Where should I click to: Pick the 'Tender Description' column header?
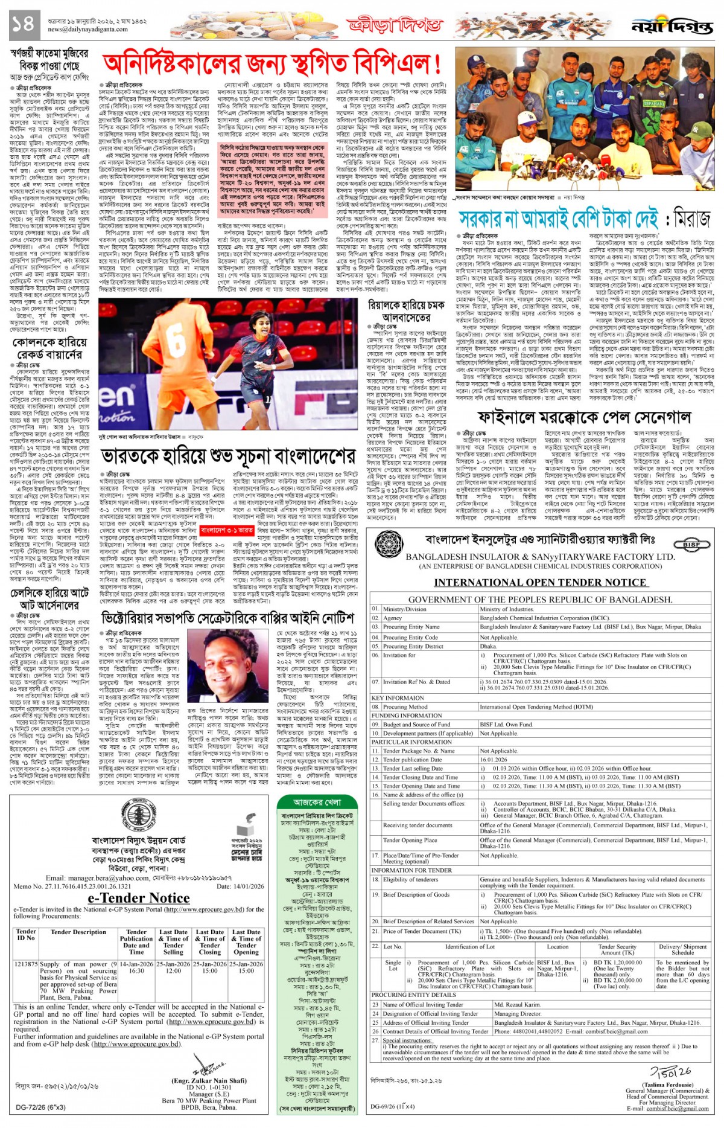(78, 932)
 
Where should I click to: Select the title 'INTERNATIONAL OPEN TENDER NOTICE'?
(541, 582)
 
